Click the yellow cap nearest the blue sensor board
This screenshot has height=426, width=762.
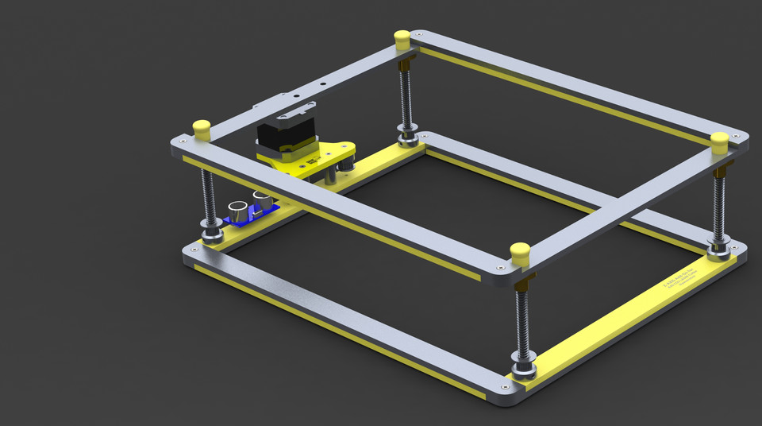[x=202, y=130]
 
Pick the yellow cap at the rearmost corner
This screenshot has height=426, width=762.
[x=402, y=38]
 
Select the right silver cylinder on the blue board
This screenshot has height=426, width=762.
[x=261, y=198]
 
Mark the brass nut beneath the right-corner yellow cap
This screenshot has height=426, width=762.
[x=722, y=169]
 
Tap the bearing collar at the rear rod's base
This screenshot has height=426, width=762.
[x=410, y=138]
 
